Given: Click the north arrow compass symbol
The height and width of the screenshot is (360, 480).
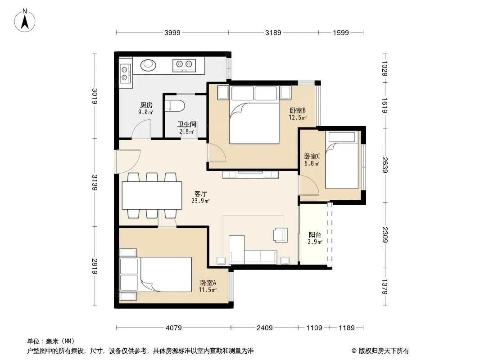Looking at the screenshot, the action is click(25, 21).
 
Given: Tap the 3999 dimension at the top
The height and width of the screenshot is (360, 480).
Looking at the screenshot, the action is click(172, 32).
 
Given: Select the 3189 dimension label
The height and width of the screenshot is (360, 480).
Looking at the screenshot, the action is click(273, 32).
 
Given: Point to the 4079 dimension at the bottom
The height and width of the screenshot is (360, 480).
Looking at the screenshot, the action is click(173, 328).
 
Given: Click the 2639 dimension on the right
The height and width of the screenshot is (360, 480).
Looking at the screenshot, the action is click(385, 165).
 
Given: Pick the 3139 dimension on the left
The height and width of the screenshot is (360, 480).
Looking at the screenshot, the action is click(95, 183).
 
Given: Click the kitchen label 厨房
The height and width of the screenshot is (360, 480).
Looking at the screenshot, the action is click(146, 105).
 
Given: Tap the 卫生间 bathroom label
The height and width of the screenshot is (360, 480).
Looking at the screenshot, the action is click(187, 124).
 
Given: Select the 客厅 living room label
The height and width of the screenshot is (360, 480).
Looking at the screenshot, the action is click(200, 193).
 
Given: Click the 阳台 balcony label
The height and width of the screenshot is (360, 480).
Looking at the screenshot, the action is click(315, 234).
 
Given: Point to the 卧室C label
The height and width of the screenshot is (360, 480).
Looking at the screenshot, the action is click(312, 156).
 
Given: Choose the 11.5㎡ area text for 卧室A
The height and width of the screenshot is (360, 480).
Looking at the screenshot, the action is click(208, 290).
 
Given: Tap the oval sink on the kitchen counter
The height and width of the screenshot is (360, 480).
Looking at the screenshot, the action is click(148, 65).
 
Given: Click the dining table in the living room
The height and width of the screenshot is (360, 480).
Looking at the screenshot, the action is click(152, 195).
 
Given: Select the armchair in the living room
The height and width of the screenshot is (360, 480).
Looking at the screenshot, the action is click(281, 235).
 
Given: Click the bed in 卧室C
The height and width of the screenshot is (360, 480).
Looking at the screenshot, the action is click(342, 160).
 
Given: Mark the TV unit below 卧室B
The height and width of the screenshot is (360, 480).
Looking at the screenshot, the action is click(250, 174).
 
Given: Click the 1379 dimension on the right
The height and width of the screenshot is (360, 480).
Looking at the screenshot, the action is click(385, 287).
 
